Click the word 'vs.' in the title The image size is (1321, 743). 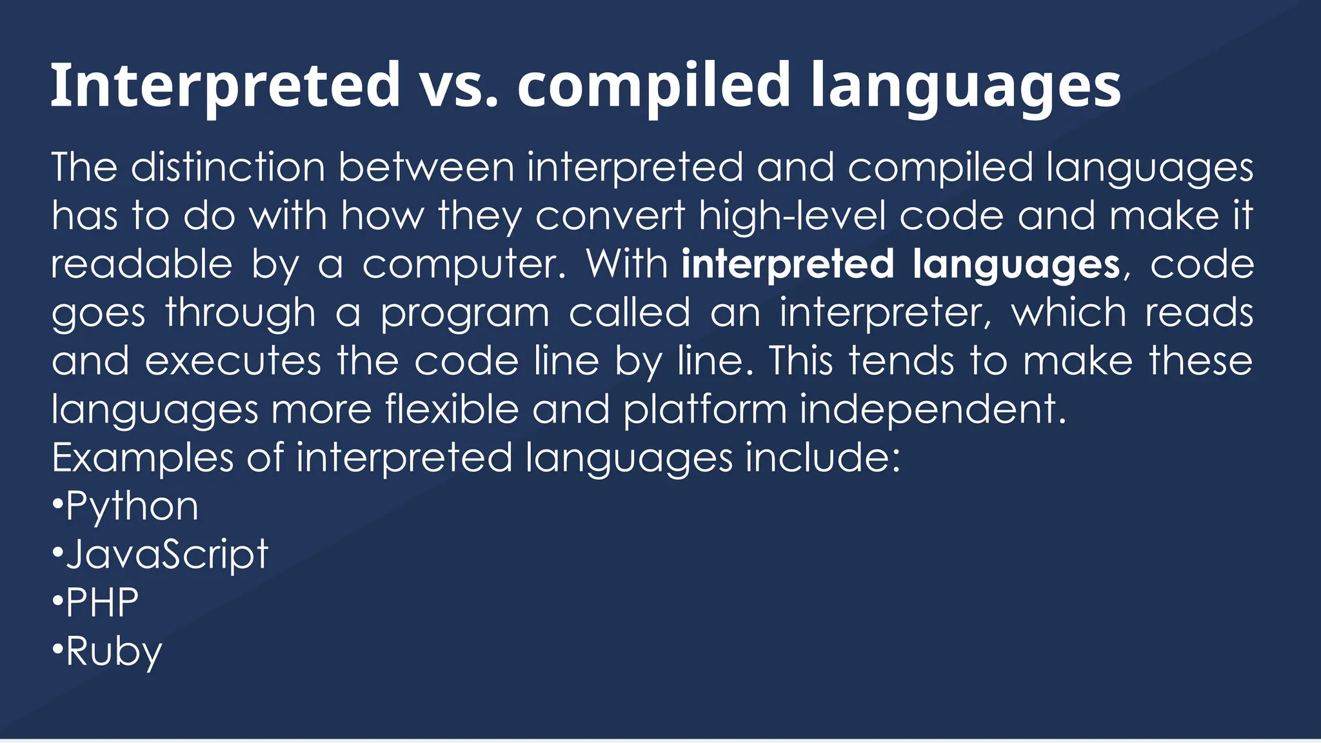458,86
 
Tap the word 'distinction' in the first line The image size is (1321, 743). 228,168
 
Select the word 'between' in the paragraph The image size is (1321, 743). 426,168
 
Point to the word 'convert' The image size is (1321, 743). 610,216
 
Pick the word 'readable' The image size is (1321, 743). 141,264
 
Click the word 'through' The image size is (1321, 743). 240,313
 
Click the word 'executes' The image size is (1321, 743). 233,361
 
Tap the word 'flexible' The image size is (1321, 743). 452,410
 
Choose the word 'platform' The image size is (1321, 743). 704,410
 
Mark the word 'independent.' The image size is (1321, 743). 933,410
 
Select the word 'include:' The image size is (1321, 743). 822,458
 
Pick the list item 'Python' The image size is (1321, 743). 132,507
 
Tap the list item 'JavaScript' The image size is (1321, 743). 166,555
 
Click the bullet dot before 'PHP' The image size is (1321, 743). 57,602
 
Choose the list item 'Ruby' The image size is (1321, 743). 114,652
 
